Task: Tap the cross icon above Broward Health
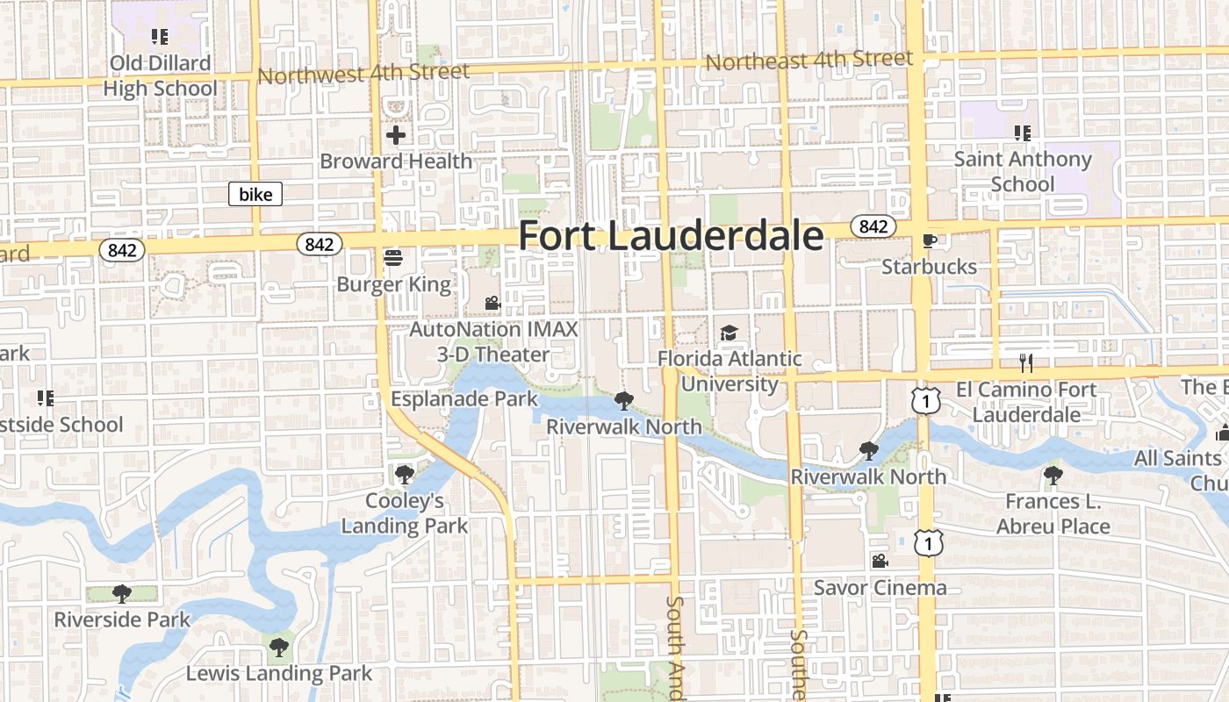point(396,135)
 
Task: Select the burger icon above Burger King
point(393,257)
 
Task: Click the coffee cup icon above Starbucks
point(930,240)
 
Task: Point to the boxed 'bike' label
point(255,194)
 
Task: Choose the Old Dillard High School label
point(160,75)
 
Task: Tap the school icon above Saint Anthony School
point(1022,133)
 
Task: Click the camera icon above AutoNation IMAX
point(492,304)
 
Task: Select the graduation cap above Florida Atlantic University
point(729,333)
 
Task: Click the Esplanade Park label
point(464,398)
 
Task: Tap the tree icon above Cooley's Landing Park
point(404,475)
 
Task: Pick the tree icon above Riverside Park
point(122,594)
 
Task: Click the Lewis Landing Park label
point(279,674)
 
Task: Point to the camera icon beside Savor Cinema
point(880,561)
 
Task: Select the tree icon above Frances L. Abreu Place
point(1053,476)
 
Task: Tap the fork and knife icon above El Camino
point(1025,362)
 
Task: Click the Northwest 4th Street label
point(363,73)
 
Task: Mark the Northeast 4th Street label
point(809,61)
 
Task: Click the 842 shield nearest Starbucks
point(873,226)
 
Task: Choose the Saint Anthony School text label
point(1023,171)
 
